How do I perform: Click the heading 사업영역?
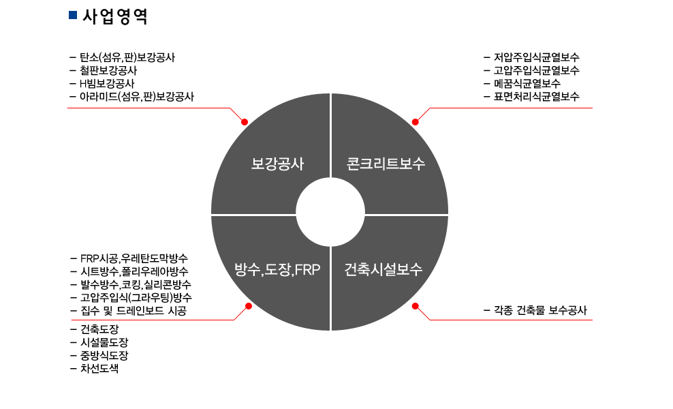(114, 16)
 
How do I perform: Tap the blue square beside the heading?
(73, 15)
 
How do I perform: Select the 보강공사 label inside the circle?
(277, 164)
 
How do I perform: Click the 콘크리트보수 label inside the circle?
(386, 164)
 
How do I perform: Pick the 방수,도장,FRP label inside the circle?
(277, 269)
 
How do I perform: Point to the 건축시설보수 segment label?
(384, 269)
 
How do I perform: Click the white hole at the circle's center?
(330, 214)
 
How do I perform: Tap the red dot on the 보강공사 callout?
(245, 121)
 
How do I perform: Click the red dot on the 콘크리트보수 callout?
(416, 121)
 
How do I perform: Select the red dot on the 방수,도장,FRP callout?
(248, 306)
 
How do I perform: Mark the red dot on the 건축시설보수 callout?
(416, 306)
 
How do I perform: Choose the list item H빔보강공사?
(106, 83)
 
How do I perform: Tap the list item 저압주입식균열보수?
(536, 57)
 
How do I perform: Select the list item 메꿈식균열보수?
(527, 83)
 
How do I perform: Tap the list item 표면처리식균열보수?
(536, 96)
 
